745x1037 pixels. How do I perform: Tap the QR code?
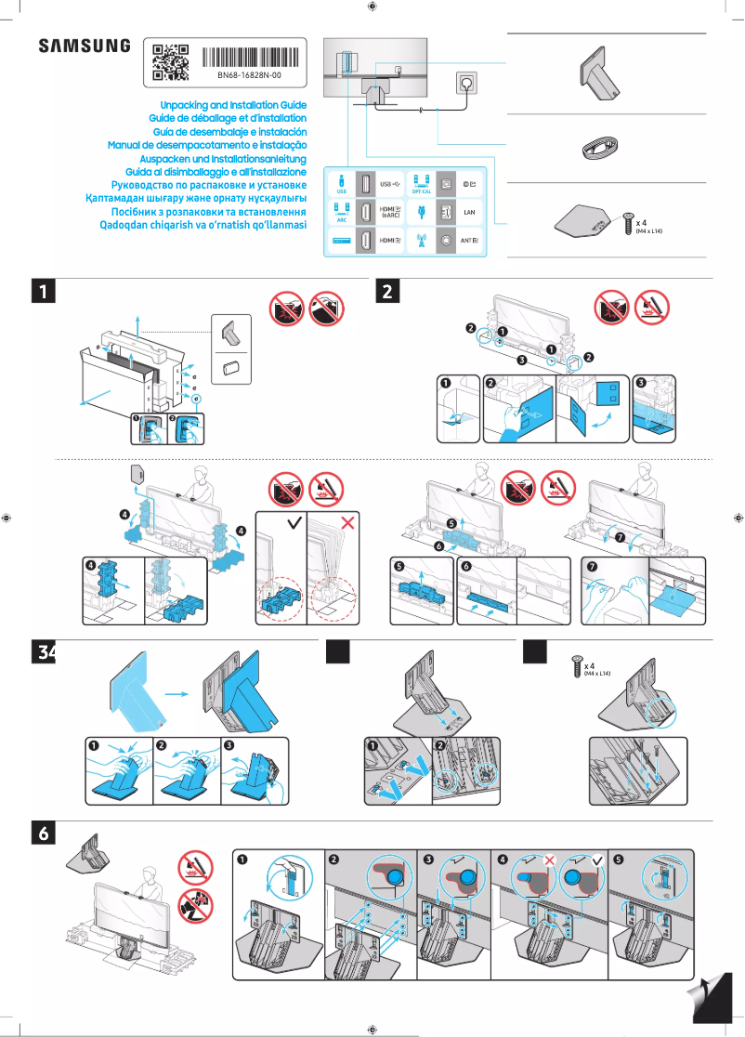[x=171, y=59]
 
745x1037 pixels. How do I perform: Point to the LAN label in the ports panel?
[x=469, y=213]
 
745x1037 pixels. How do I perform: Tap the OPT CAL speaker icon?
[x=421, y=179]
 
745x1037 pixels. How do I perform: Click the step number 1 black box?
[x=43, y=292]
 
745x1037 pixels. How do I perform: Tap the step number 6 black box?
[x=43, y=834]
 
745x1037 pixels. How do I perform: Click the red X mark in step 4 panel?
[x=348, y=524]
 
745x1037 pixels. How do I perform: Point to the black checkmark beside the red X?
[x=294, y=524]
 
